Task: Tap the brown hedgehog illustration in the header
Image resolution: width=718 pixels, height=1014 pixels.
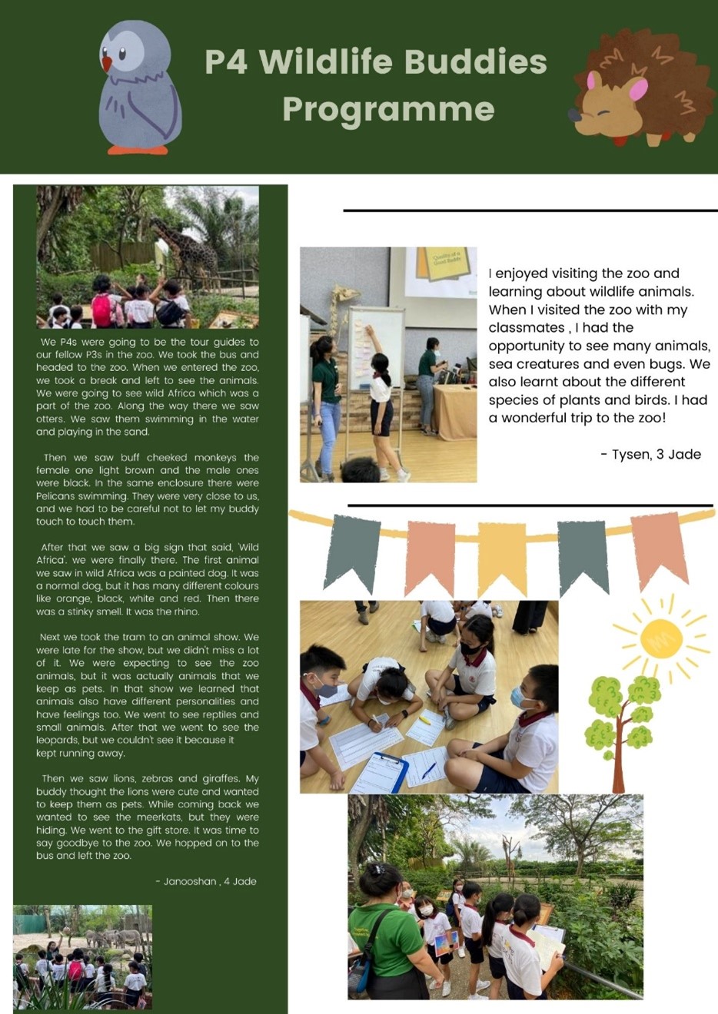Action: tap(642, 88)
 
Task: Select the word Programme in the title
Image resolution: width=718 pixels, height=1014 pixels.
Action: tap(388, 109)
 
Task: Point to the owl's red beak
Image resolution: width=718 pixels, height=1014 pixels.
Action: tap(107, 63)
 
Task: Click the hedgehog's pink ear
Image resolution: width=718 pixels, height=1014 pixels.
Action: tap(638, 90)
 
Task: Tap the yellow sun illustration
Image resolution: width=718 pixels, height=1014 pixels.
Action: tap(661, 638)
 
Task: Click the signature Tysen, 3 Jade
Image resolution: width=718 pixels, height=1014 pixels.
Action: tap(650, 454)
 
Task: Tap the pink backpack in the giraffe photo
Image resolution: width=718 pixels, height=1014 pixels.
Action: tap(102, 309)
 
